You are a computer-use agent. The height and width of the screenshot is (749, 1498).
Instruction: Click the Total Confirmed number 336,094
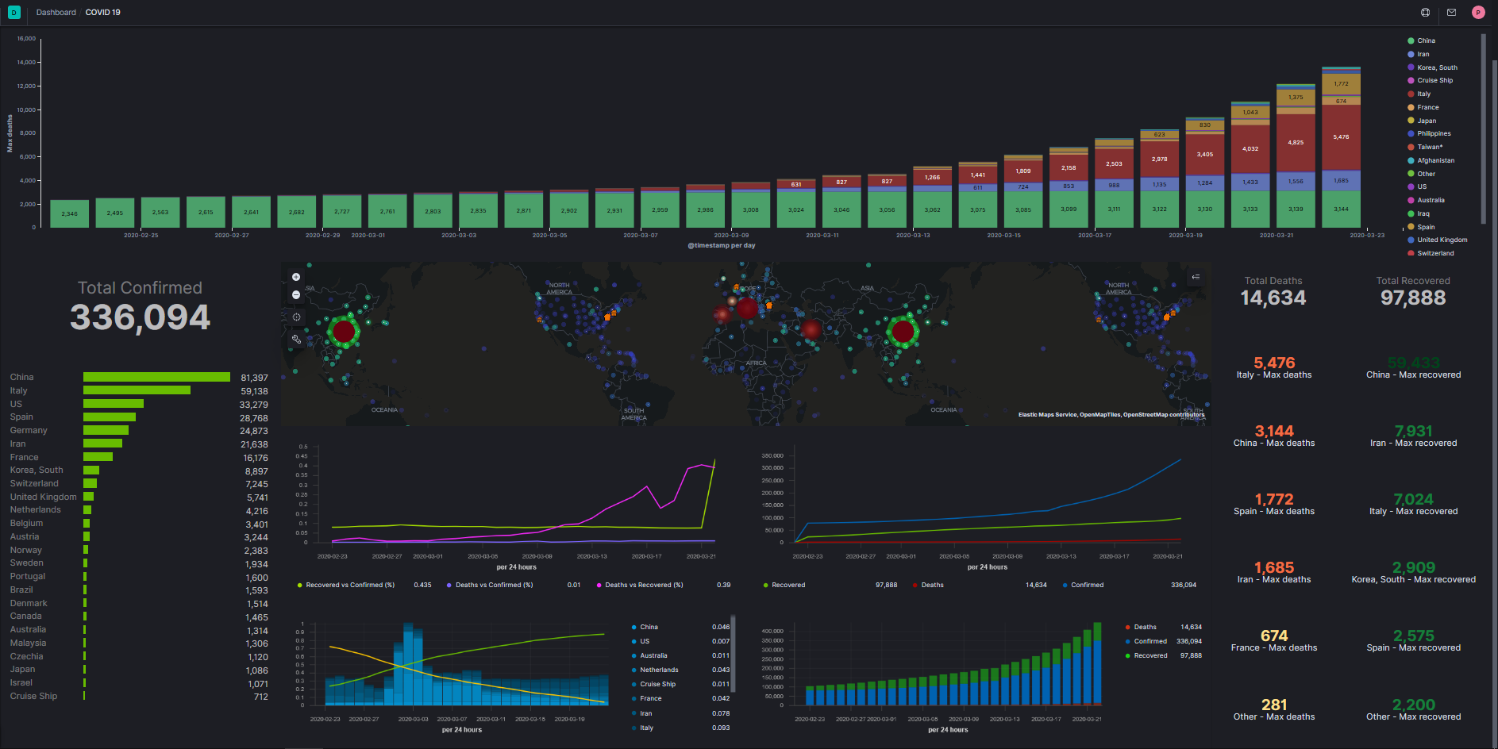(x=140, y=317)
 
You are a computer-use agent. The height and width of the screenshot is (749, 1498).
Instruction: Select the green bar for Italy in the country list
(x=137, y=390)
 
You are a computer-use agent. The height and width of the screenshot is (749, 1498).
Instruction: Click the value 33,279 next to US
(x=254, y=405)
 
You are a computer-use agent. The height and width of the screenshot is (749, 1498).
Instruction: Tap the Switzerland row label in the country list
(x=34, y=483)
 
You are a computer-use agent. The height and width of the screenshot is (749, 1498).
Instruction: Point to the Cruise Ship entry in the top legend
(x=1434, y=80)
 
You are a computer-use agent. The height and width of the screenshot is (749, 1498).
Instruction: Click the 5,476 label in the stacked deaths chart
(x=1341, y=137)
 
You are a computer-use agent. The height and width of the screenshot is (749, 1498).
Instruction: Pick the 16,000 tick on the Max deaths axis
(x=26, y=38)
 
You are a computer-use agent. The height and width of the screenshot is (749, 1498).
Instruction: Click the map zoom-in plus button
(x=296, y=277)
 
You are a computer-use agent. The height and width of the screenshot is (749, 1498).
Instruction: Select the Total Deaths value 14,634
(x=1273, y=298)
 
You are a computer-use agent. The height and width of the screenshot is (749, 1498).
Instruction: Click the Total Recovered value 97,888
(x=1413, y=298)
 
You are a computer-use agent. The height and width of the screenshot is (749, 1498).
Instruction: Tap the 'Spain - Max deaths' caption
(x=1274, y=512)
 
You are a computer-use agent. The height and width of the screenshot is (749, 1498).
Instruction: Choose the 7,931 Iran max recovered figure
(x=1413, y=431)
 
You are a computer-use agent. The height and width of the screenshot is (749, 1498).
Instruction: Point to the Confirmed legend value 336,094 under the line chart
(x=1183, y=586)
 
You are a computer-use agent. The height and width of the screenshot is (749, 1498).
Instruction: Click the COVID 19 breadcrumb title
(x=103, y=13)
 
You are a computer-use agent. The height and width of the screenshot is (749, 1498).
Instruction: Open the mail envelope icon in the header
(x=1451, y=13)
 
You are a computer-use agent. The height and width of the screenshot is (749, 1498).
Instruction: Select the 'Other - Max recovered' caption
(x=1413, y=717)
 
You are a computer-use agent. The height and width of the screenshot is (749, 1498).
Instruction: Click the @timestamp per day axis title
(x=721, y=246)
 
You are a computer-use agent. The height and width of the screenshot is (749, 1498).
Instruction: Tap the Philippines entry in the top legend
(x=1434, y=133)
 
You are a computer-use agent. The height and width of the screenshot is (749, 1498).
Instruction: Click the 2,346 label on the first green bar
(x=70, y=213)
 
